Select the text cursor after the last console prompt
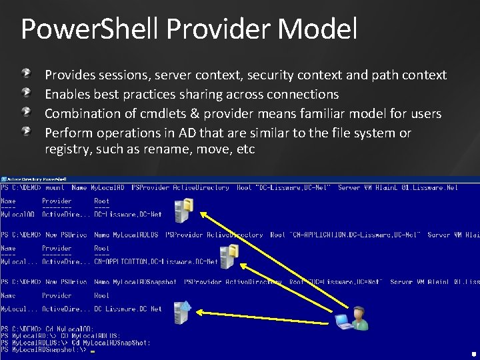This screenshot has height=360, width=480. tap(93, 350)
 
